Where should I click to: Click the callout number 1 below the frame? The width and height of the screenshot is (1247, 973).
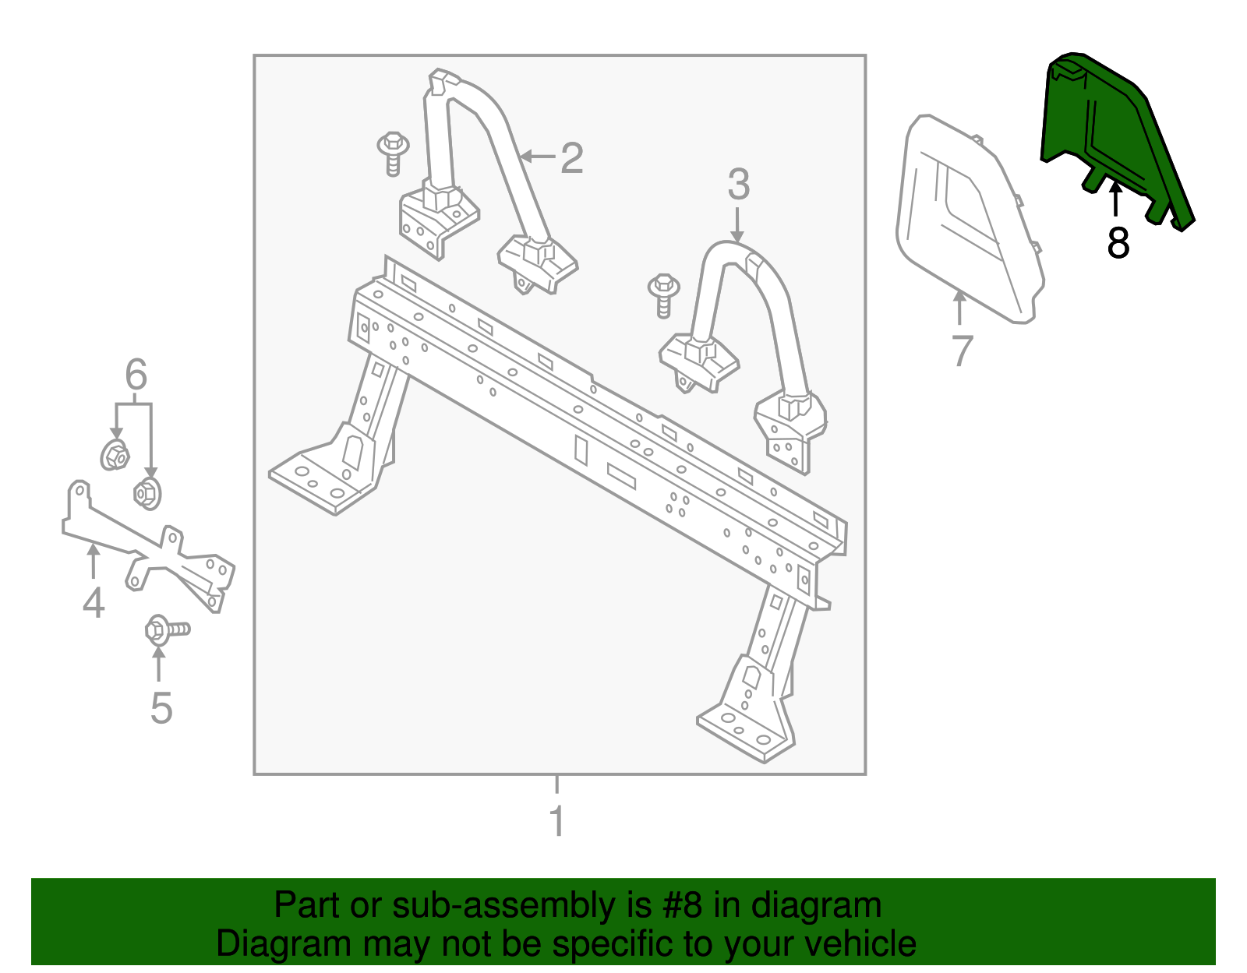(x=556, y=821)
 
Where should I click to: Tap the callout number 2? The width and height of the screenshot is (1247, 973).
(x=572, y=158)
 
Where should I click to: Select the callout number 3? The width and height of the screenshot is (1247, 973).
(x=738, y=185)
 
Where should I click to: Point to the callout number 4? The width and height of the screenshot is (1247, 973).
(x=94, y=603)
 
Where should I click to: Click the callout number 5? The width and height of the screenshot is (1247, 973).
(x=161, y=707)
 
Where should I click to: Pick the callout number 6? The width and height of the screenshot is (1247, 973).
(x=136, y=375)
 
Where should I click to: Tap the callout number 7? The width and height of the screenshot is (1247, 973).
(x=963, y=351)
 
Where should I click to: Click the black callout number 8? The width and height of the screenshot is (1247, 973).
(x=1118, y=243)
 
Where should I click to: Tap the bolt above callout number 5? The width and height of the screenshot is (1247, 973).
(x=165, y=629)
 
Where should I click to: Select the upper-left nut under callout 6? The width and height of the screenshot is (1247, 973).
(x=115, y=455)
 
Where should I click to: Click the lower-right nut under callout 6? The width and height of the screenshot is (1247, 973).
(x=147, y=492)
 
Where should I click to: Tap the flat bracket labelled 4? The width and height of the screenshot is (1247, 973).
(x=148, y=549)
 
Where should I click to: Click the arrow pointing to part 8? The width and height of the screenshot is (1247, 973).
(x=1115, y=199)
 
